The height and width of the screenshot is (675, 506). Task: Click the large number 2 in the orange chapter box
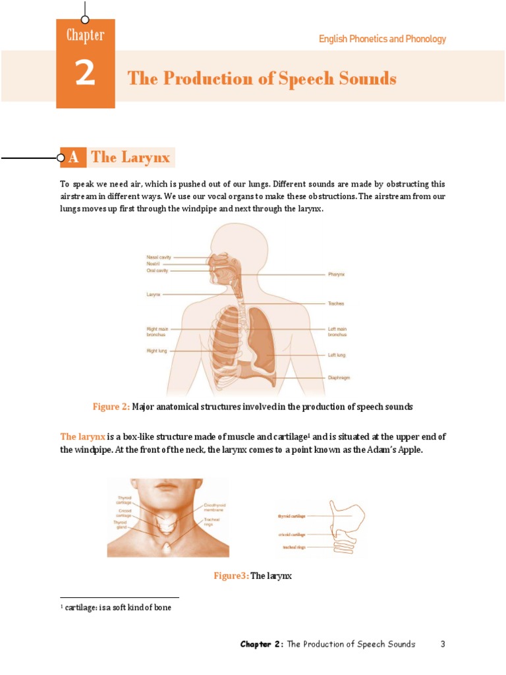(x=85, y=74)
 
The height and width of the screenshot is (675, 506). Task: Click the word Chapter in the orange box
(x=85, y=35)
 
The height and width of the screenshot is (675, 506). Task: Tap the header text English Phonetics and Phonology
(x=382, y=39)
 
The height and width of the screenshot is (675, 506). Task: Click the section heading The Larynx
(x=130, y=157)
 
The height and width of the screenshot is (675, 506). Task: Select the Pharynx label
(x=337, y=274)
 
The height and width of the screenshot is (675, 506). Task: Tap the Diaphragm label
(x=339, y=378)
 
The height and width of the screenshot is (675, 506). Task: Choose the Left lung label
(x=337, y=355)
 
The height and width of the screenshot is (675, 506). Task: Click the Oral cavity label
(x=157, y=270)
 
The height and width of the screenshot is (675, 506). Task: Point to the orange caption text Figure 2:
(x=111, y=407)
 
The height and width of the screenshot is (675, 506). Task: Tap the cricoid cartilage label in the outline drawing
(x=291, y=534)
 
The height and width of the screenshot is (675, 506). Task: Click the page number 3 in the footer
(x=443, y=644)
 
